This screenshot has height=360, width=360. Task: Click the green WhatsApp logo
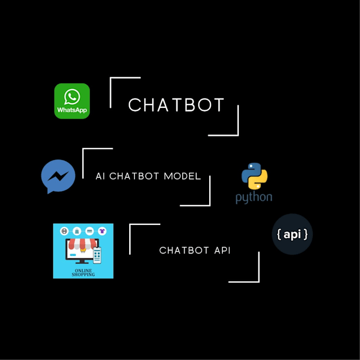click(72, 101)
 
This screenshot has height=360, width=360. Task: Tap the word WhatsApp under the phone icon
click(72, 111)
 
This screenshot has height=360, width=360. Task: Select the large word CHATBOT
click(176, 105)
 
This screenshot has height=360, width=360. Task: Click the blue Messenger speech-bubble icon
click(58, 176)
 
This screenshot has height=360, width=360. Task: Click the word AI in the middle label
click(100, 176)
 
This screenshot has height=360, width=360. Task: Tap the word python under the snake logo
click(254, 198)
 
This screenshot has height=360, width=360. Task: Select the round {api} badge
click(292, 235)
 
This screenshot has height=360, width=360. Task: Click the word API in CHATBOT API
click(222, 250)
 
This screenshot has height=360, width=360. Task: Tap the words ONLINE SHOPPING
click(83, 272)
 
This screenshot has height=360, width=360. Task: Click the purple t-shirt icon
click(101, 231)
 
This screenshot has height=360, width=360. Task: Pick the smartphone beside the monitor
click(97, 256)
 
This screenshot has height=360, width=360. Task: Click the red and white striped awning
click(83, 245)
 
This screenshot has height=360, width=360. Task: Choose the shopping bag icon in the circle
click(77, 231)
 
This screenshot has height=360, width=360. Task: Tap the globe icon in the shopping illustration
click(65, 231)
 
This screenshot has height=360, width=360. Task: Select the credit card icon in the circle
click(89, 231)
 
